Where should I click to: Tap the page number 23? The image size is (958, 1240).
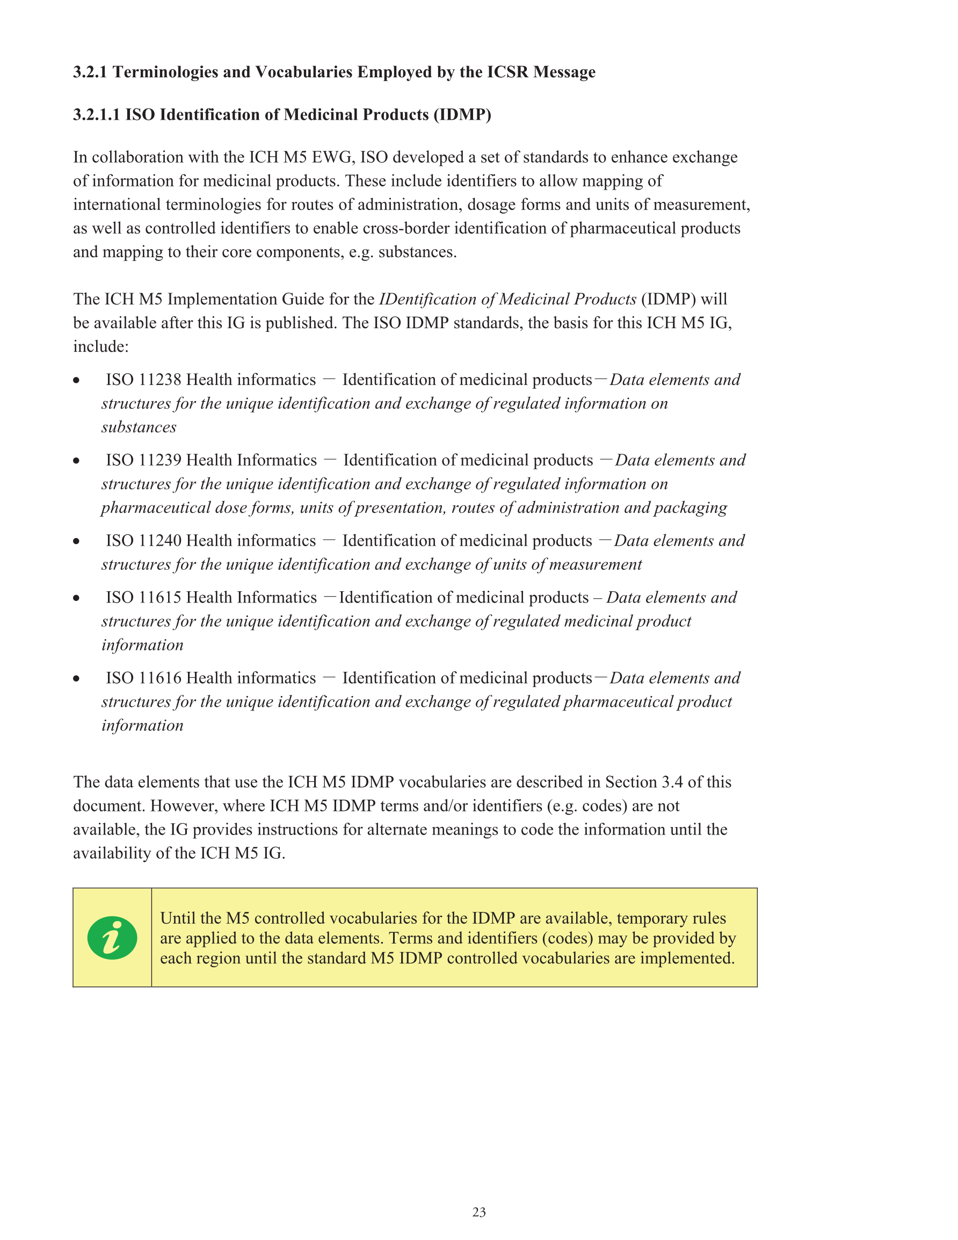click(478, 1212)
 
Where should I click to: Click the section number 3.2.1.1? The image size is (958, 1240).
click(96, 115)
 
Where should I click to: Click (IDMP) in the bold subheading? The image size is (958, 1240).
click(462, 115)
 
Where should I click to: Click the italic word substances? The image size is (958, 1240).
click(139, 427)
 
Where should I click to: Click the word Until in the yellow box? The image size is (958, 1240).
click(178, 918)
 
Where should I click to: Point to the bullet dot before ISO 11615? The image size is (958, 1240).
click(76, 598)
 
